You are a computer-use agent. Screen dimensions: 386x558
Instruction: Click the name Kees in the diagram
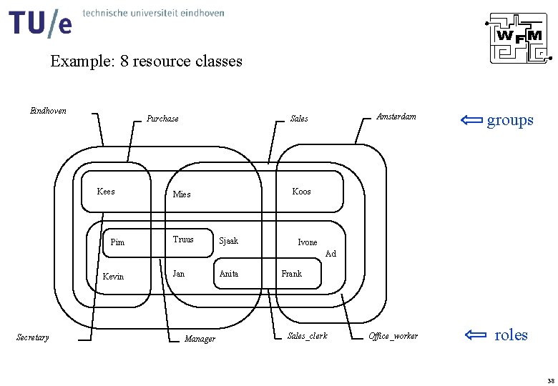[x=105, y=192]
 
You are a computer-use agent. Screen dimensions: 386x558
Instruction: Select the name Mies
[x=182, y=194]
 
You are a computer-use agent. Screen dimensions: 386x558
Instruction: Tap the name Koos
[x=301, y=192]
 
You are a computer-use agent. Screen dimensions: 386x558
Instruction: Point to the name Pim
[x=117, y=242]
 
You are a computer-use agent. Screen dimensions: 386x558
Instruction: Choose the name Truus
[x=183, y=239]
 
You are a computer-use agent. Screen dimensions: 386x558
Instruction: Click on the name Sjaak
[x=228, y=241]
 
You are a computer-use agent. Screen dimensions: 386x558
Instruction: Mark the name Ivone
[x=307, y=242]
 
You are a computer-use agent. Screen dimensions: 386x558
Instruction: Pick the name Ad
[x=331, y=254]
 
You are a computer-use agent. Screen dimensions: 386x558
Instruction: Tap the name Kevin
[x=113, y=277]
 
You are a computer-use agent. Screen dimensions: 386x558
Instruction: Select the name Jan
[x=178, y=273]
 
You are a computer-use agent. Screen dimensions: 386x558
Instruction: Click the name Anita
[x=229, y=273]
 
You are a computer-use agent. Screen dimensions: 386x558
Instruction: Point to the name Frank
[x=291, y=273]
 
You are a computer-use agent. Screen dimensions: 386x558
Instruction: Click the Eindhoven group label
[x=48, y=111]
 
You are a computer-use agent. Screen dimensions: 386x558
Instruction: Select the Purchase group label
[x=162, y=119]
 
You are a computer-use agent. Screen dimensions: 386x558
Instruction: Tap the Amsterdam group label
[x=396, y=117]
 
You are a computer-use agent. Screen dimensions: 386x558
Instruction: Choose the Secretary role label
[x=33, y=337]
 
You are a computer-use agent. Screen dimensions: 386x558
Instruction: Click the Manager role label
[x=200, y=339]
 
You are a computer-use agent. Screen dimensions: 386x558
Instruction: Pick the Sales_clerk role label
[x=307, y=335]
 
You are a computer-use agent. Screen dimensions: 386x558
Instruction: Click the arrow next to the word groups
[x=469, y=119]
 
